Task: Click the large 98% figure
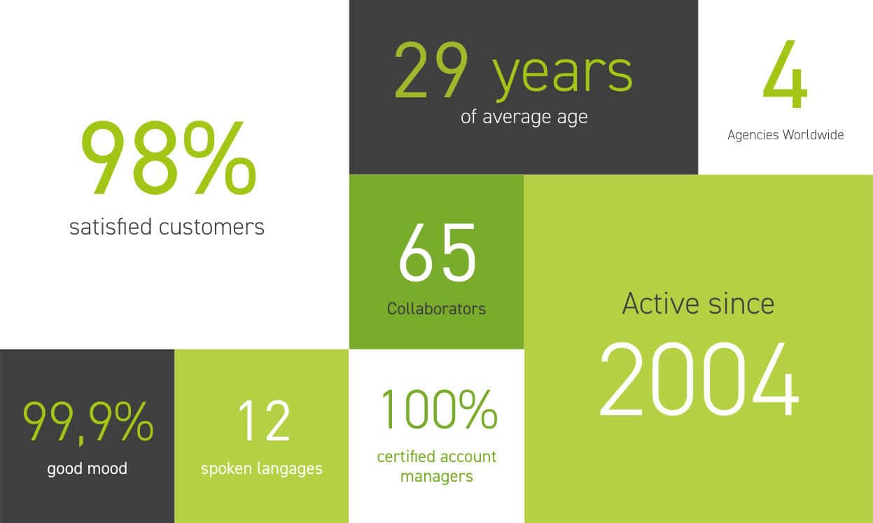tap(168, 158)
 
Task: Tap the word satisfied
tap(111, 226)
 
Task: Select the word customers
tap(211, 228)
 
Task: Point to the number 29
tap(431, 70)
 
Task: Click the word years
tap(562, 77)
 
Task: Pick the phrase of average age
tap(524, 117)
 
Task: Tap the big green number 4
tap(785, 74)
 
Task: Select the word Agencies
tap(753, 135)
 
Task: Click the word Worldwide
tap(813, 134)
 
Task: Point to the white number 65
tap(438, 253)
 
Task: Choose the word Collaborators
tap(437, 309)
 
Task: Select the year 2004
tap(700, 379)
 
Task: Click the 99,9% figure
tap(88, 422)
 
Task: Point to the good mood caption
tap(88, 469)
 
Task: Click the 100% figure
tap(439, 409)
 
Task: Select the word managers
tap(437, 477)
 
